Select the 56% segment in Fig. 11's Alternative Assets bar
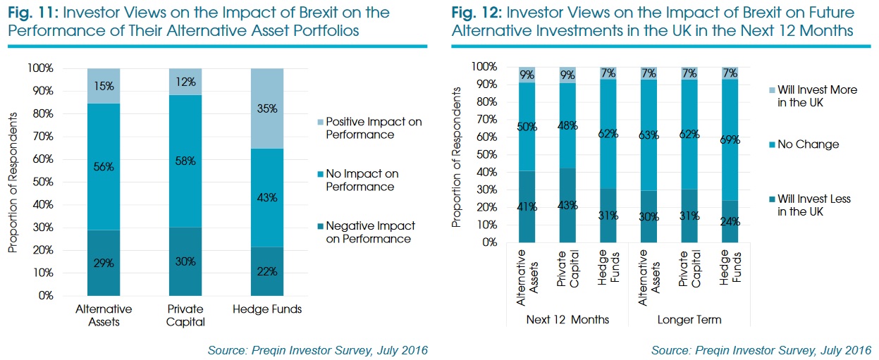pyautogui.click(x=104, y=166)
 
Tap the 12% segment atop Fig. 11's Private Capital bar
pyautogui.click(x=185, y=82)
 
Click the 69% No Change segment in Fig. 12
pyautogui.click(x=730, y=139)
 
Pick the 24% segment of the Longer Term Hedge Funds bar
pyautogui.click(x=730, y=221)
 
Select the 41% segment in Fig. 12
pyautogui.click(x=527, y=207)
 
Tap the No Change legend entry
pyautogui.click(x=803, y=144)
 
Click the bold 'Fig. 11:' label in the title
pyautogui.click(x=32, y=13)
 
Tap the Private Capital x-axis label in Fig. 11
pyautogui.click(x=185, y=316)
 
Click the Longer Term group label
pyautogui.click(x=689, y=320)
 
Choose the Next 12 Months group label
pyautogui.click(x=567, y=320)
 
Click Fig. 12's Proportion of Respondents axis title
pyautogui.click(x=457, y=154)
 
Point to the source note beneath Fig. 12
pyautogui.click(x=761, y=350)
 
